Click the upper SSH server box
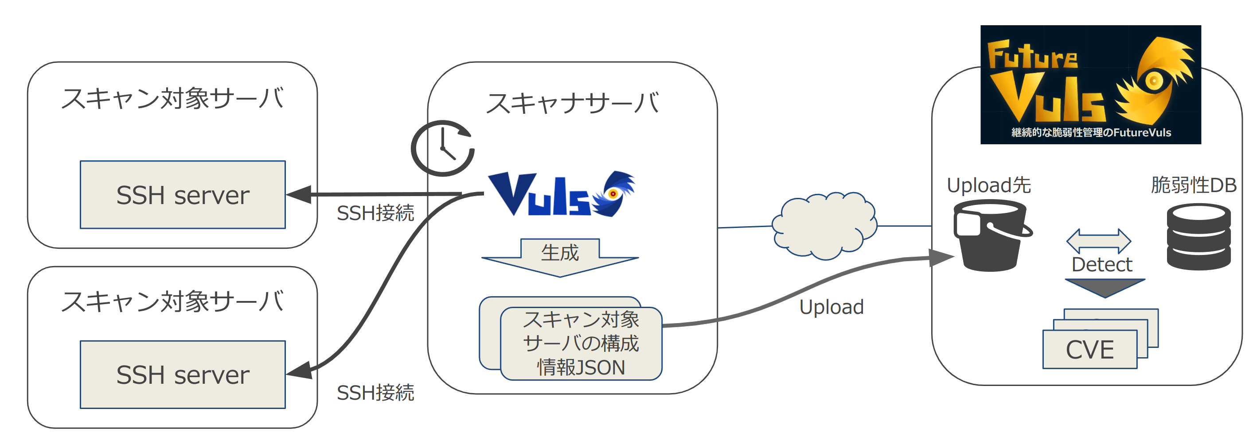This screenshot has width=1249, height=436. tap(182, 195)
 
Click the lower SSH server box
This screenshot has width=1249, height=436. tap(182, 374)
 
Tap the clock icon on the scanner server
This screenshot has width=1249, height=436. tap(442, 148)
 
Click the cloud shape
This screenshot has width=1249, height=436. tap(824, 226)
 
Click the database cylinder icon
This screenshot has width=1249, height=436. tap(1198, 236)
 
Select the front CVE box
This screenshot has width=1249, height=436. tap(1089, 349)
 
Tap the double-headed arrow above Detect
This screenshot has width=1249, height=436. tap(1098, 241)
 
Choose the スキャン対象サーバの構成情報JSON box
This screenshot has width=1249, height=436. tap(581, 343)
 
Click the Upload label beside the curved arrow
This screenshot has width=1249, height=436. tap(831, 307)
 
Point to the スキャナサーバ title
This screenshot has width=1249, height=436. tap(572, 104)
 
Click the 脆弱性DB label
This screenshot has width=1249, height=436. tap(1193, 185)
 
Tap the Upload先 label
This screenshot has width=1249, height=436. tap(989, 185)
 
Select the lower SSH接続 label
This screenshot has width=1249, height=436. tap(375, 392)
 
